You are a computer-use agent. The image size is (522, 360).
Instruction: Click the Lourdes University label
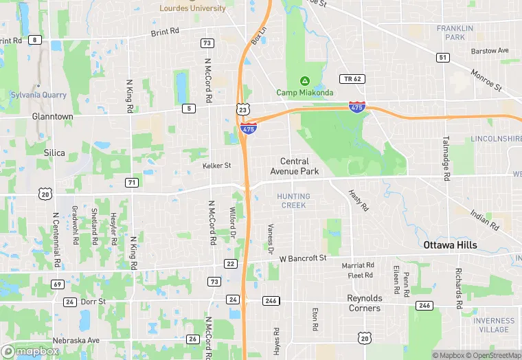click(x=192, y=8)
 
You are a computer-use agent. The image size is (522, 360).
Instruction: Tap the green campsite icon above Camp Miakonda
click(x=304, y=82)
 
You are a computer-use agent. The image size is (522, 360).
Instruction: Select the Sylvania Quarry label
click(x=38, y=95)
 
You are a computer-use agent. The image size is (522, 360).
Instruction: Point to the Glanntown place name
click(x=52, y=117)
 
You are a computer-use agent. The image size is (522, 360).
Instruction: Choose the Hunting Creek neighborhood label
click(x=293, y=201)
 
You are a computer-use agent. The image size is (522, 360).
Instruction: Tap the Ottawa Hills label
click(x=450, y=245)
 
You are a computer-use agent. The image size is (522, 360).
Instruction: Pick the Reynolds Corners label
click(x=364, y=303)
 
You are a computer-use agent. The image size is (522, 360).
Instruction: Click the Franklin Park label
click(x=455, y=32)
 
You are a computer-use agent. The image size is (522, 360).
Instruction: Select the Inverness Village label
click(x=493, y=325)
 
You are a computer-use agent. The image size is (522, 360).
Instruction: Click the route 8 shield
click(x=34, y=40)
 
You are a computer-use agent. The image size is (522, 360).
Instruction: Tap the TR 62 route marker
click(x=352, y=79)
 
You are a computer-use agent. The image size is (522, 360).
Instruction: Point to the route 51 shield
click(x=442, y=57)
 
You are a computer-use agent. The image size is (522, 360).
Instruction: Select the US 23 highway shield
click(x=242, y=109)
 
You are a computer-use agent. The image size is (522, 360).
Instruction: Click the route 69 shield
click(x=57, y=284)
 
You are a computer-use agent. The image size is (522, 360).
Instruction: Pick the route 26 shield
click(x=193, y=339)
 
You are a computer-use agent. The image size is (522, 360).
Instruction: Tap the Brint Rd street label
click(x=164, y=32)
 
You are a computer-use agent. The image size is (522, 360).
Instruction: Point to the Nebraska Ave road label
click(x=80, y=340)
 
